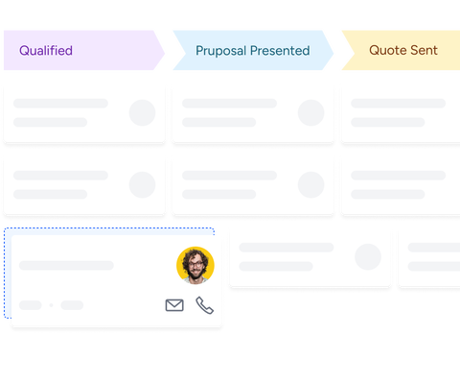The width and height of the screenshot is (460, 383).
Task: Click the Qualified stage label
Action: (x=46, y=51)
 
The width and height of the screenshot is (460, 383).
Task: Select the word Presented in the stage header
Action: (x=281, y=51)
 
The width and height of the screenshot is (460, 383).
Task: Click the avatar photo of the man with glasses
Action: (x=195, y=265)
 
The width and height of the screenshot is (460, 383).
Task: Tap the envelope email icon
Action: (x=174, y=305)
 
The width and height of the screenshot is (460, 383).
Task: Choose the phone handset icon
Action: (x=204, y=305)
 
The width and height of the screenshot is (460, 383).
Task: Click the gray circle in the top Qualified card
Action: (x=142, y=112)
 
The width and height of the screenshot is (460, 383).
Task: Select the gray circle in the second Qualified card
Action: (x=142, y=185)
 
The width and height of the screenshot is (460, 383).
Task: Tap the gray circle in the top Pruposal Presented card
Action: (x=310, y=112)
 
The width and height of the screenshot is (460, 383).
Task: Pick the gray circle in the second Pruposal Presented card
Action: (x=310, y=185)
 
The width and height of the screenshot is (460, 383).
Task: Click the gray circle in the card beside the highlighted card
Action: (x=367, y=256)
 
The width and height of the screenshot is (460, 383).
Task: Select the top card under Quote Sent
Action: (x=399, y=112)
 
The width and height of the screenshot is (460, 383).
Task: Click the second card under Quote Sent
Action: (x=399, y=185)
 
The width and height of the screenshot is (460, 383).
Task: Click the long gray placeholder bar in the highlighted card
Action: (x=66, y=265)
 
